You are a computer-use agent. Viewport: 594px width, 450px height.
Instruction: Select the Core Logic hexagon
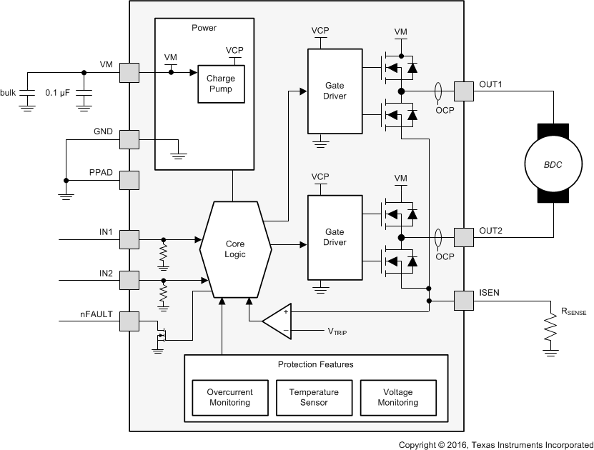[x=235, y=249]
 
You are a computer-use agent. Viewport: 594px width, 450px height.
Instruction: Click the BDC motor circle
[x=553, y=164]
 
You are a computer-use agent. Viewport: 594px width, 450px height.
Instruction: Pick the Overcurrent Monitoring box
[x=228, y=397]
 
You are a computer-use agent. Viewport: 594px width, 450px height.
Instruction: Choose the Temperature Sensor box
[x=314, y=397]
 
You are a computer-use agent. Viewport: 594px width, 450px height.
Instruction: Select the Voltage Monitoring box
[x=398, y=397]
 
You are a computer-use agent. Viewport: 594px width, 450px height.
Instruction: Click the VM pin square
[x=129, y=72]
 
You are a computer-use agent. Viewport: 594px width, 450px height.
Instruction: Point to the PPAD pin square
[x=129, y=179]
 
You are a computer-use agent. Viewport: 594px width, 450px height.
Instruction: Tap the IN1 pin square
[x=129, y=239]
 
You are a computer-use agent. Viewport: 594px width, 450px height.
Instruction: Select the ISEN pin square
[x=464, y=301]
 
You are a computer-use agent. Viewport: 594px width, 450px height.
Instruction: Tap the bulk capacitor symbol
[x=27, y=94]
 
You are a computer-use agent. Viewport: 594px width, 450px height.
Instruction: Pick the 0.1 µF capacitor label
[x=57, y=93]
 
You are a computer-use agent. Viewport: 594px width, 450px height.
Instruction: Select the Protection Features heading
[x=315, y=364]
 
